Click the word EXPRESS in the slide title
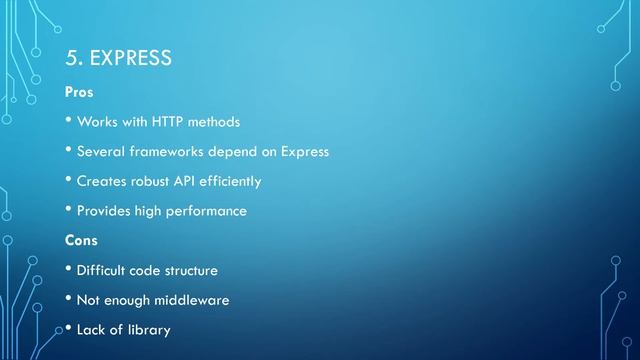(x=131, y=58)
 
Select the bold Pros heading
(x=79, y=92)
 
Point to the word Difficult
(x=101, y=270)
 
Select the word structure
(x=189, y=270)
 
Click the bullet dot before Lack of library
(x=69, y=328)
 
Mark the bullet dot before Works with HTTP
(x=69, y=121)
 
